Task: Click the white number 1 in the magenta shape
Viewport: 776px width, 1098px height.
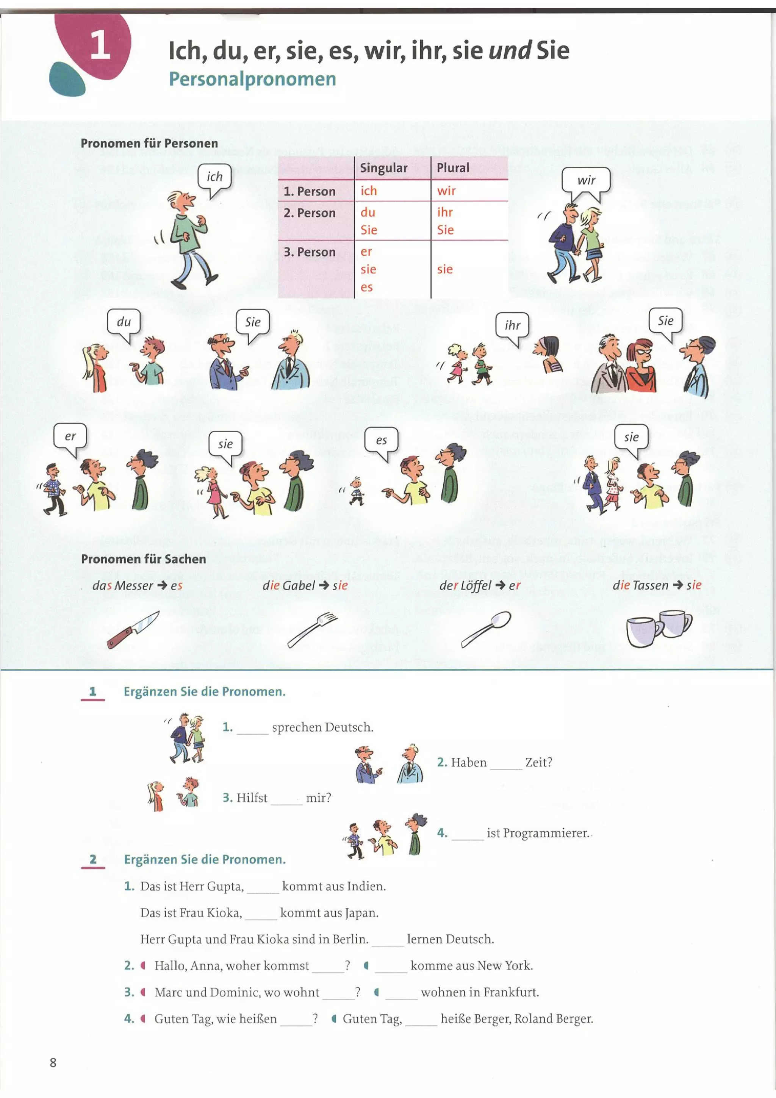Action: (100, 45)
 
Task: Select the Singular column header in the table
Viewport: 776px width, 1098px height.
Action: (383, 168)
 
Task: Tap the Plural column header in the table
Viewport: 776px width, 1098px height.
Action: (453, 168)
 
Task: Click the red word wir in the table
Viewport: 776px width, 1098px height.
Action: (446, 191)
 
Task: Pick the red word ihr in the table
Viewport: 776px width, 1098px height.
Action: (445, 212)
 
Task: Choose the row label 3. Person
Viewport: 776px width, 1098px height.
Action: (309, 252)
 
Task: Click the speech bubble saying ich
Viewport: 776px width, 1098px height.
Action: (215, 177)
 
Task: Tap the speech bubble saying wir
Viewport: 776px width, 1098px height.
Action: (586, 180)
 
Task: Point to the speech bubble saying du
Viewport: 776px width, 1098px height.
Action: (124, 322)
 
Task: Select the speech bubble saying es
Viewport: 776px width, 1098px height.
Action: (381, 440)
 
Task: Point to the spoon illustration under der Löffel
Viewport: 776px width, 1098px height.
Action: (486, 629)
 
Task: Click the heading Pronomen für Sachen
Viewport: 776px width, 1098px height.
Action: (144, 559)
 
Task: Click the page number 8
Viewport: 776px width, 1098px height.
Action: (53, 1063)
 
